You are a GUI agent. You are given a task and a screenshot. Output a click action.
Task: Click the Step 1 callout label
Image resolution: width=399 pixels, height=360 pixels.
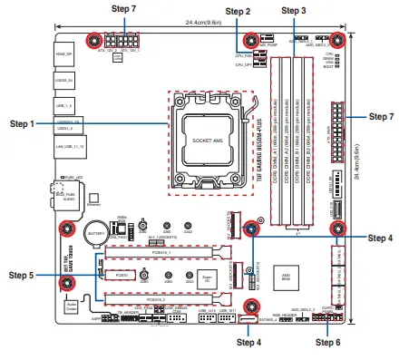22,123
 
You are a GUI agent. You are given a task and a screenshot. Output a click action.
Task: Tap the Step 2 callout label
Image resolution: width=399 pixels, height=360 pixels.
238,11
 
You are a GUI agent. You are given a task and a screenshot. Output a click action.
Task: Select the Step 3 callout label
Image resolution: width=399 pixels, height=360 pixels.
295,11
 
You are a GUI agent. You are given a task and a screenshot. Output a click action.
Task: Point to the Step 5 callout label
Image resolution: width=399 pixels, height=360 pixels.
22,274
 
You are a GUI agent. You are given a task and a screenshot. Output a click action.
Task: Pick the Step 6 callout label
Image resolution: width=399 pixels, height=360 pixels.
327,343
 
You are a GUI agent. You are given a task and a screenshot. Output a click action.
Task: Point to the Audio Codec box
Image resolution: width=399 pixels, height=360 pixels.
71,308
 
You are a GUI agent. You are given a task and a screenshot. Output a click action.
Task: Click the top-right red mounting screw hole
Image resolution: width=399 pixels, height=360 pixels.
336,40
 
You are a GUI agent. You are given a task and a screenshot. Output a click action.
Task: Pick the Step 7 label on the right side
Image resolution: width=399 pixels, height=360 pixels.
380,117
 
